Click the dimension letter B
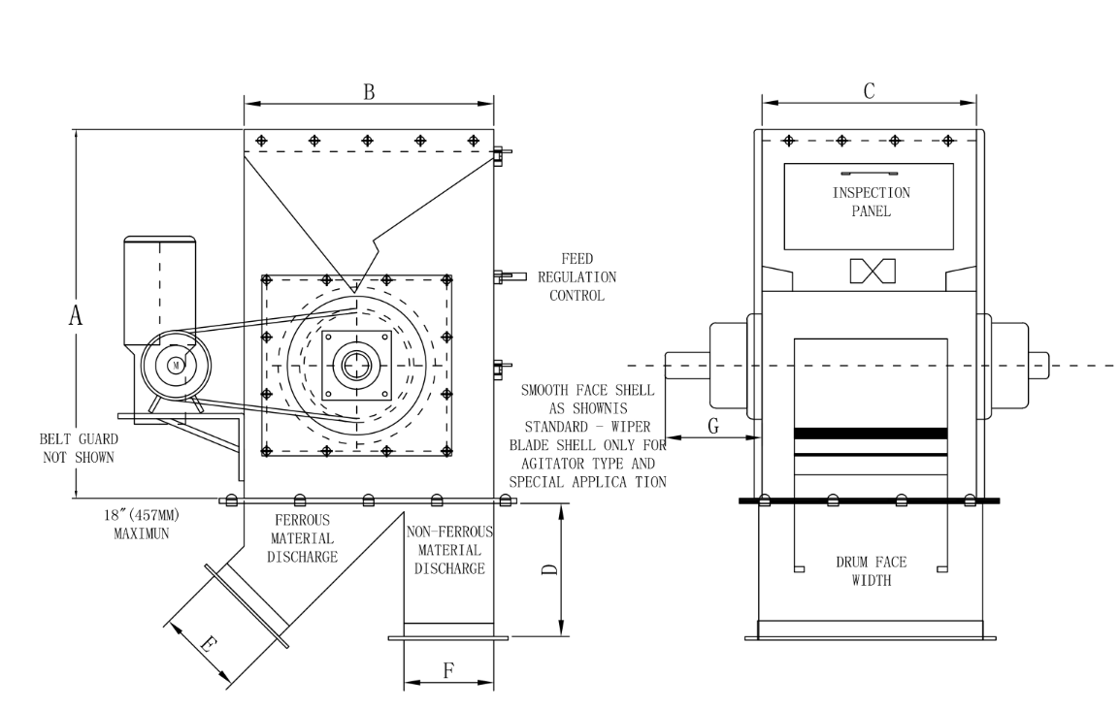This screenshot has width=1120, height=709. click(369, 92)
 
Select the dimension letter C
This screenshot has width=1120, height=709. click(870, 91)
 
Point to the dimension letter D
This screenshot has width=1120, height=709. click(549, 570)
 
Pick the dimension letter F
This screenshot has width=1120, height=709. click(447, 669)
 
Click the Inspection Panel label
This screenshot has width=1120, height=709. click(871, 201)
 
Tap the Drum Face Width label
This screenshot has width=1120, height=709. click(871, 571)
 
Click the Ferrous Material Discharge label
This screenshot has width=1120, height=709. click(303, 538)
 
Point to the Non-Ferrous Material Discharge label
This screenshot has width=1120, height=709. click(449, 550)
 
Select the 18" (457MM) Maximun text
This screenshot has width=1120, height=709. click(141, 524)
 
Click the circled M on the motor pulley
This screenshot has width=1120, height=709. click(176, 364)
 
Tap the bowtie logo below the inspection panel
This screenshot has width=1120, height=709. click(870, 271)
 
